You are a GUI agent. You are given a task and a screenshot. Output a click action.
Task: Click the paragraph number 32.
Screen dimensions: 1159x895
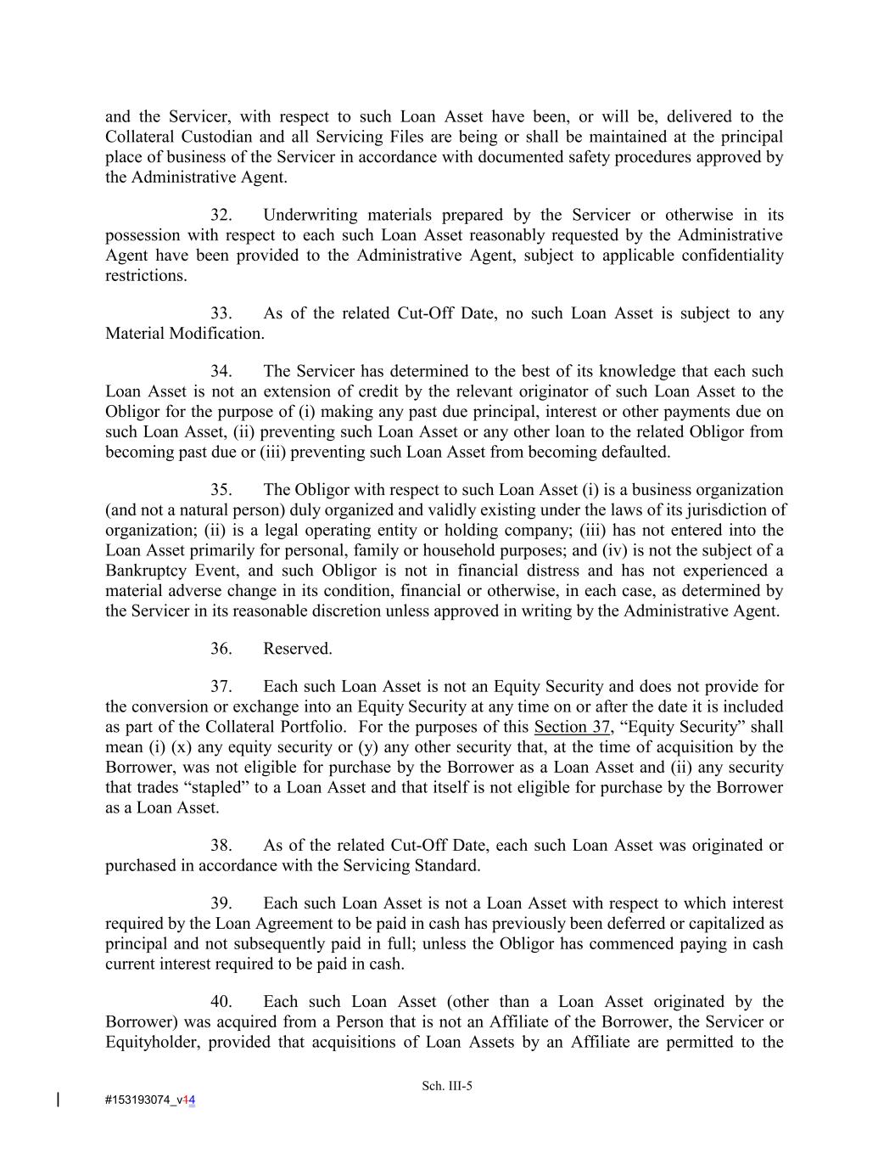pos(221,215)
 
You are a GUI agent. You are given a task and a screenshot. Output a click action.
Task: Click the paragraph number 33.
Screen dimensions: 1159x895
pos(221,313)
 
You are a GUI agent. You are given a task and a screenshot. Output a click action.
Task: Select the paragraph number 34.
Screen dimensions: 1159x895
pos(221,371)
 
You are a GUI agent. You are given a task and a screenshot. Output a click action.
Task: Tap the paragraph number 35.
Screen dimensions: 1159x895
pos(221,490)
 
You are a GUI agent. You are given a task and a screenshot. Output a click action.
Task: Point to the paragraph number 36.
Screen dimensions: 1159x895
pos(221,649)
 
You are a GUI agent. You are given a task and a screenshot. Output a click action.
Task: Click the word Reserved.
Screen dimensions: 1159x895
pos(297,649)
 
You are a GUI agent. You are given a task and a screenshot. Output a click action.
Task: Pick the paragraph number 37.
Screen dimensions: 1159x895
pos(221,686)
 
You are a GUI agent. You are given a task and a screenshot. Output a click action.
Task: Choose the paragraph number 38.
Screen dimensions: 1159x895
pos(221,846)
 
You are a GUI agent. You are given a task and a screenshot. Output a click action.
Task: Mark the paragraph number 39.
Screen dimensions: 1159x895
pos(221,903)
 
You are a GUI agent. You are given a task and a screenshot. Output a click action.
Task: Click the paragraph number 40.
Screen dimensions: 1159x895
pos(221,1002)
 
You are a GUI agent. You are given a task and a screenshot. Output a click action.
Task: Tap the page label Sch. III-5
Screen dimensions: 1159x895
pos(447,1086)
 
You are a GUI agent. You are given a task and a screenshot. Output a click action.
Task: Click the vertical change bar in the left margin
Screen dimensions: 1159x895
pos(58,1100)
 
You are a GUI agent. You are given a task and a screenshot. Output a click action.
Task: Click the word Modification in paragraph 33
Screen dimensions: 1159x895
pos(217,334)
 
